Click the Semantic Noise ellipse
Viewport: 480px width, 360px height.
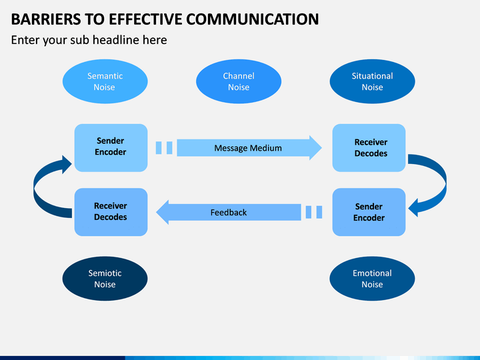pos(105,81)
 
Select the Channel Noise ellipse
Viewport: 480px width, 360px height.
pos(239,81)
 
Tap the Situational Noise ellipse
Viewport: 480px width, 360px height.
pos(372,81)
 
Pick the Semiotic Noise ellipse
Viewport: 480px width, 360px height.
pos(105,279)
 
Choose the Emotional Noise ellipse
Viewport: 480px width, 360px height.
pos(372,279)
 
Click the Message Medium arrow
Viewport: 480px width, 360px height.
pos(249,148)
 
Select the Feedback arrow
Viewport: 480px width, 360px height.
pos(229,212)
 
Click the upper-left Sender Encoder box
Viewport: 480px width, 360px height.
pos(111,148)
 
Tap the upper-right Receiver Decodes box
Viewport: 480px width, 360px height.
pos(369,148)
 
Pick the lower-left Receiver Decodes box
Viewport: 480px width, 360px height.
pos(111,212)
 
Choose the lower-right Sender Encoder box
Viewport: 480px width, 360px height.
pos(369,212)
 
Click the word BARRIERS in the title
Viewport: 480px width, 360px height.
pos(45,19)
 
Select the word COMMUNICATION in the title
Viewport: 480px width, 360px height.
pos(252,19)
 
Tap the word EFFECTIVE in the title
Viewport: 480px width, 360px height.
pos(145,19)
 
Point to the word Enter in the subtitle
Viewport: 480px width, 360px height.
pos(25,40)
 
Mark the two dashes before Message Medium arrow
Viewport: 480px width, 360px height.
pos(164,148)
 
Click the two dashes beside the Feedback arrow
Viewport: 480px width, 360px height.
pos(314,212)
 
